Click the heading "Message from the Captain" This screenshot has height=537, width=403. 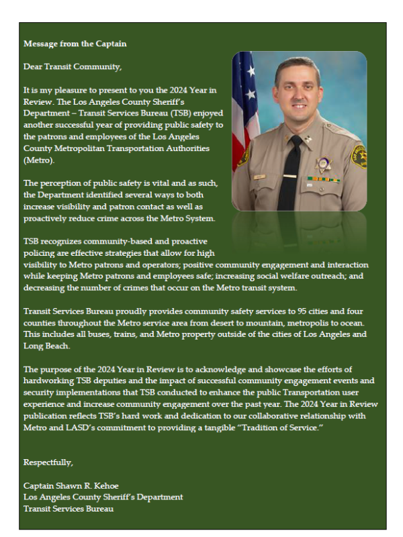[x=75, y=44]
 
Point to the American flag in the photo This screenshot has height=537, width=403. [x=244, y=101]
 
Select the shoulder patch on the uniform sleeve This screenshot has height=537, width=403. [x=359, y=158]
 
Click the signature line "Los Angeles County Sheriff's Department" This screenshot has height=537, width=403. [x=103, y=497]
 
